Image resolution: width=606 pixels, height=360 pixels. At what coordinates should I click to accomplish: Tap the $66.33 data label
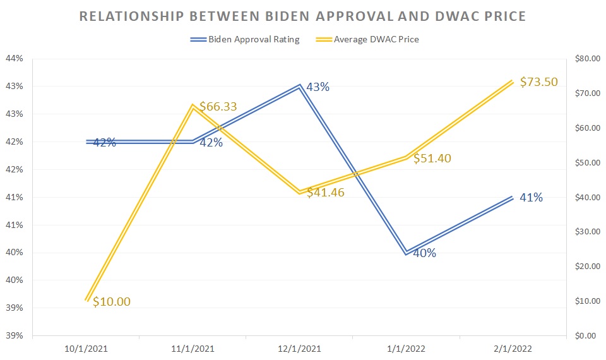(218, 107)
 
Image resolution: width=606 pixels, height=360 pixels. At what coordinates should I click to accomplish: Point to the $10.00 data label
(112, 302)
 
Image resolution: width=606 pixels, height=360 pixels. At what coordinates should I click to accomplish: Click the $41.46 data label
(325, 193)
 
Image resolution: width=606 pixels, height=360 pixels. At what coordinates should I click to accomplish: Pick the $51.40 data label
(432, 159)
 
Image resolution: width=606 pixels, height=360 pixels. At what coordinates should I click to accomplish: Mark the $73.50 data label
(539, 82)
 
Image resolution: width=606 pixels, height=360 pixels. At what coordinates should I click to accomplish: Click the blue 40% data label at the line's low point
(425, 254)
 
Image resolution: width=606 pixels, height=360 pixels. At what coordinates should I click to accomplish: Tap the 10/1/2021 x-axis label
(85, 349)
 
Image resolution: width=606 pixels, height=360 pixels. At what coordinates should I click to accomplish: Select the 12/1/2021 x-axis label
(299, 349)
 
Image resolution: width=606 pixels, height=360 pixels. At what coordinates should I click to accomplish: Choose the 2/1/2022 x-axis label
(513, 349)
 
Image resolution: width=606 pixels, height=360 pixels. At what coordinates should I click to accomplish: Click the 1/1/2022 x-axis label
(406, 349)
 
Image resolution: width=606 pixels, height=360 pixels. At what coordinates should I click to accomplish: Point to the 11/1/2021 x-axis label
(192, 349)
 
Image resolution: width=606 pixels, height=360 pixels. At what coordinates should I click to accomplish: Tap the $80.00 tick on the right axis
(586, 59)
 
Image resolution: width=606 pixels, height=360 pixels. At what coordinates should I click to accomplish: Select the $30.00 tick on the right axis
(586, 232)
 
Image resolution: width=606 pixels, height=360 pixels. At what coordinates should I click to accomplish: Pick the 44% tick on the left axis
(14, 59)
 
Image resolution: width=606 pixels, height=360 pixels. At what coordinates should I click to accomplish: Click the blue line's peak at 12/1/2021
(299, 86)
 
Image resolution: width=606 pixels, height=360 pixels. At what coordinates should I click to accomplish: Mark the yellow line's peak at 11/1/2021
(192, 106)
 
